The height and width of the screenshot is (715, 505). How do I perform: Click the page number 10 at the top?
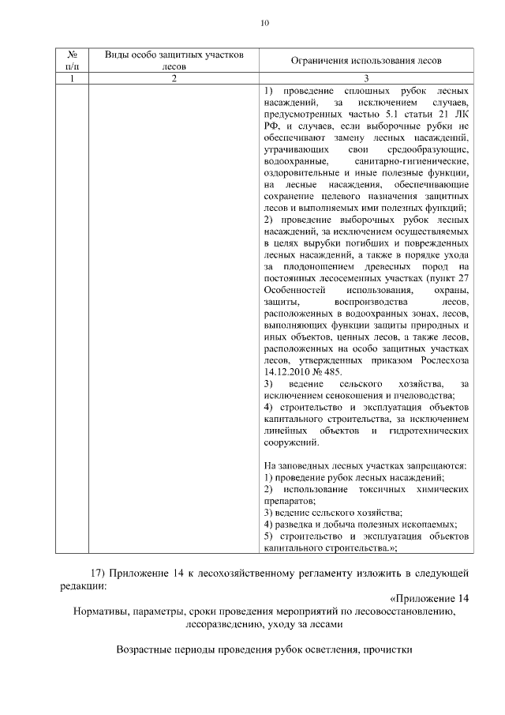tap(264, 23)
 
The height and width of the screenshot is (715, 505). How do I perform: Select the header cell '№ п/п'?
tap(72, 60)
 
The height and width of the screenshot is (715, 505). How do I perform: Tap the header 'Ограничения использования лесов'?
tap(366, 61)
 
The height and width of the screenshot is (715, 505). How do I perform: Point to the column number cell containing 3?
tap(366, 78)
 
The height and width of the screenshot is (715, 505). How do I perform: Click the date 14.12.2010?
tap(287, 372)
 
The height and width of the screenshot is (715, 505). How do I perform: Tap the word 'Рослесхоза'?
tap(444, 360)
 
